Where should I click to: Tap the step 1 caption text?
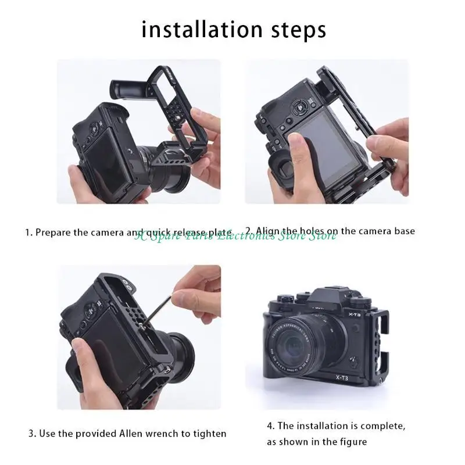(x=128, y=232)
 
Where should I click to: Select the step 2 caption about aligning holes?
(x=330, y=231)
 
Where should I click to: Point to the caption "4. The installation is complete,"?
(x=336, y=426)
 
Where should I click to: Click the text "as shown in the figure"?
(x=317, y=442)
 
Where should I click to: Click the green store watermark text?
(x=235, y=235)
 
